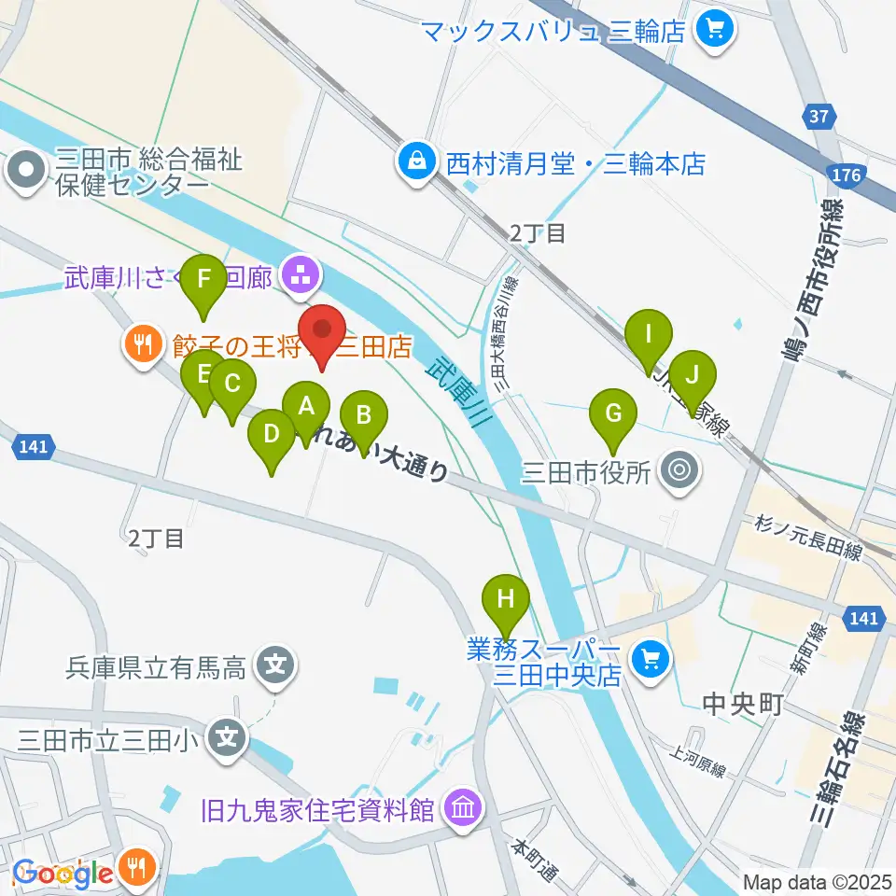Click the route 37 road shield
coord(818,117)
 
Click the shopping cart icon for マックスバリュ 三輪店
coord(716,31)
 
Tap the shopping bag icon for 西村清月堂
coord(413,162)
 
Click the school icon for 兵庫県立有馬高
coord(275,666)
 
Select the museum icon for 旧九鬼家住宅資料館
coord(462,807)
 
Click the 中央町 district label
coord(741,703)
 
